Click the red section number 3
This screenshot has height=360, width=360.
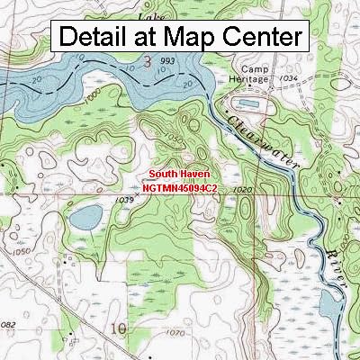click(148, 61)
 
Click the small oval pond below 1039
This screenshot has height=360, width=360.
click(87, 216)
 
